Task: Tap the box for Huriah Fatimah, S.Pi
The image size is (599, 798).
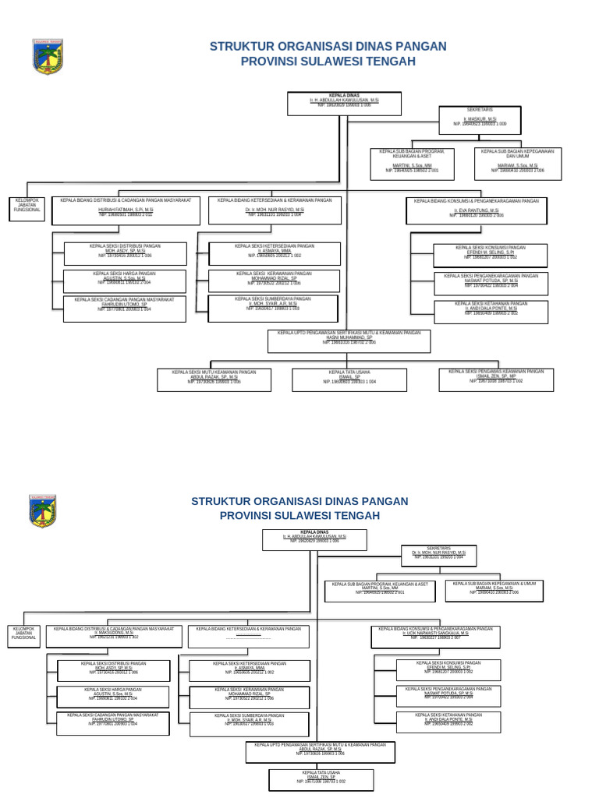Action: point(126,210)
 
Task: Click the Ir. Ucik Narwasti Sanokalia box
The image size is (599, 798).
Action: point(435,636)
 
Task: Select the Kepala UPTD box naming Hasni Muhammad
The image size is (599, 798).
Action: point(349,341)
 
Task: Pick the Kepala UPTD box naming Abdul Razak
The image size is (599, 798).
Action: point(320,752)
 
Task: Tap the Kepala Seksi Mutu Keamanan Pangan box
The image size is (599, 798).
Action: point(214,380)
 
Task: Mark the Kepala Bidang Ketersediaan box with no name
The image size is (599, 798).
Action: point(248,636)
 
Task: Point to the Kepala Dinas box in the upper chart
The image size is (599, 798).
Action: point(344,103)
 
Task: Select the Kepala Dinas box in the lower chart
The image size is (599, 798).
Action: point(314,539)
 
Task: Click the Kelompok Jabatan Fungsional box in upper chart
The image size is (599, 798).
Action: point(27,210)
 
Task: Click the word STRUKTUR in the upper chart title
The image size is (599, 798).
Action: point(244,47)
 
